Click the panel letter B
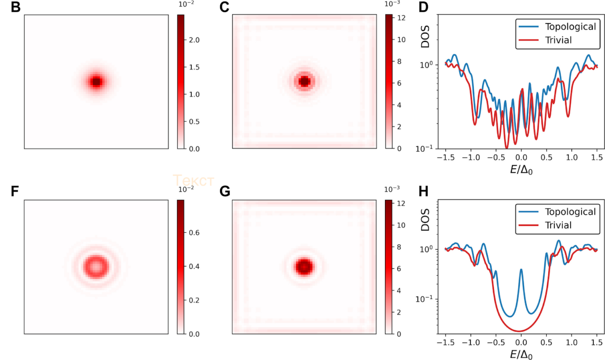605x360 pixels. coord(15,8)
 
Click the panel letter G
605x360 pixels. coord(224,192)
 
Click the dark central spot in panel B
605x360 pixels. coord(96,82)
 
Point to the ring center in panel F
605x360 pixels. coord(96,267)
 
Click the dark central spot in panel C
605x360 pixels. coord(304,82)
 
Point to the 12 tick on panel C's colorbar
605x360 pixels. coord(401,18)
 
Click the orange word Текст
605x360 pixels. coord(194,180)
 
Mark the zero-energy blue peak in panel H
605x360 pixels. coord(521,270)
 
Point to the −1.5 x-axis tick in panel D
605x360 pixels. coord(446,157)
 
